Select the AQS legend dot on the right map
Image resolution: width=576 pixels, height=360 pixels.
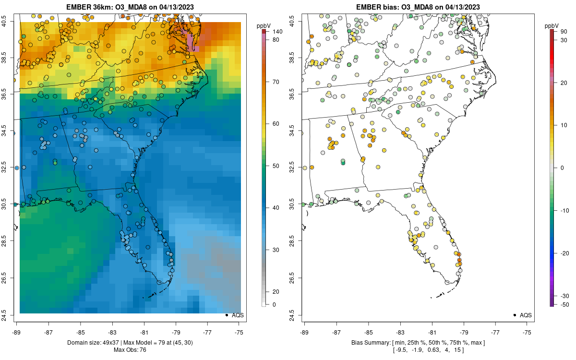(x=514, y=315)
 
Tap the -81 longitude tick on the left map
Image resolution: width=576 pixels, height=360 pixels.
(x=144, y=332)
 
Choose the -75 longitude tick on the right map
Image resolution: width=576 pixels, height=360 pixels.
(x=527, y=332)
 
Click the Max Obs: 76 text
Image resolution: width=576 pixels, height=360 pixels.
(x=130, y=350)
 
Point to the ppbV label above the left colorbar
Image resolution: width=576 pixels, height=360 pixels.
(x=264, y=25)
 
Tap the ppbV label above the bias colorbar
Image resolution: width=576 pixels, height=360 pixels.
(x=552, y=25)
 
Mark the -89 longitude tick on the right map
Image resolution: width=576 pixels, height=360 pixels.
(x=305, y=332)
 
